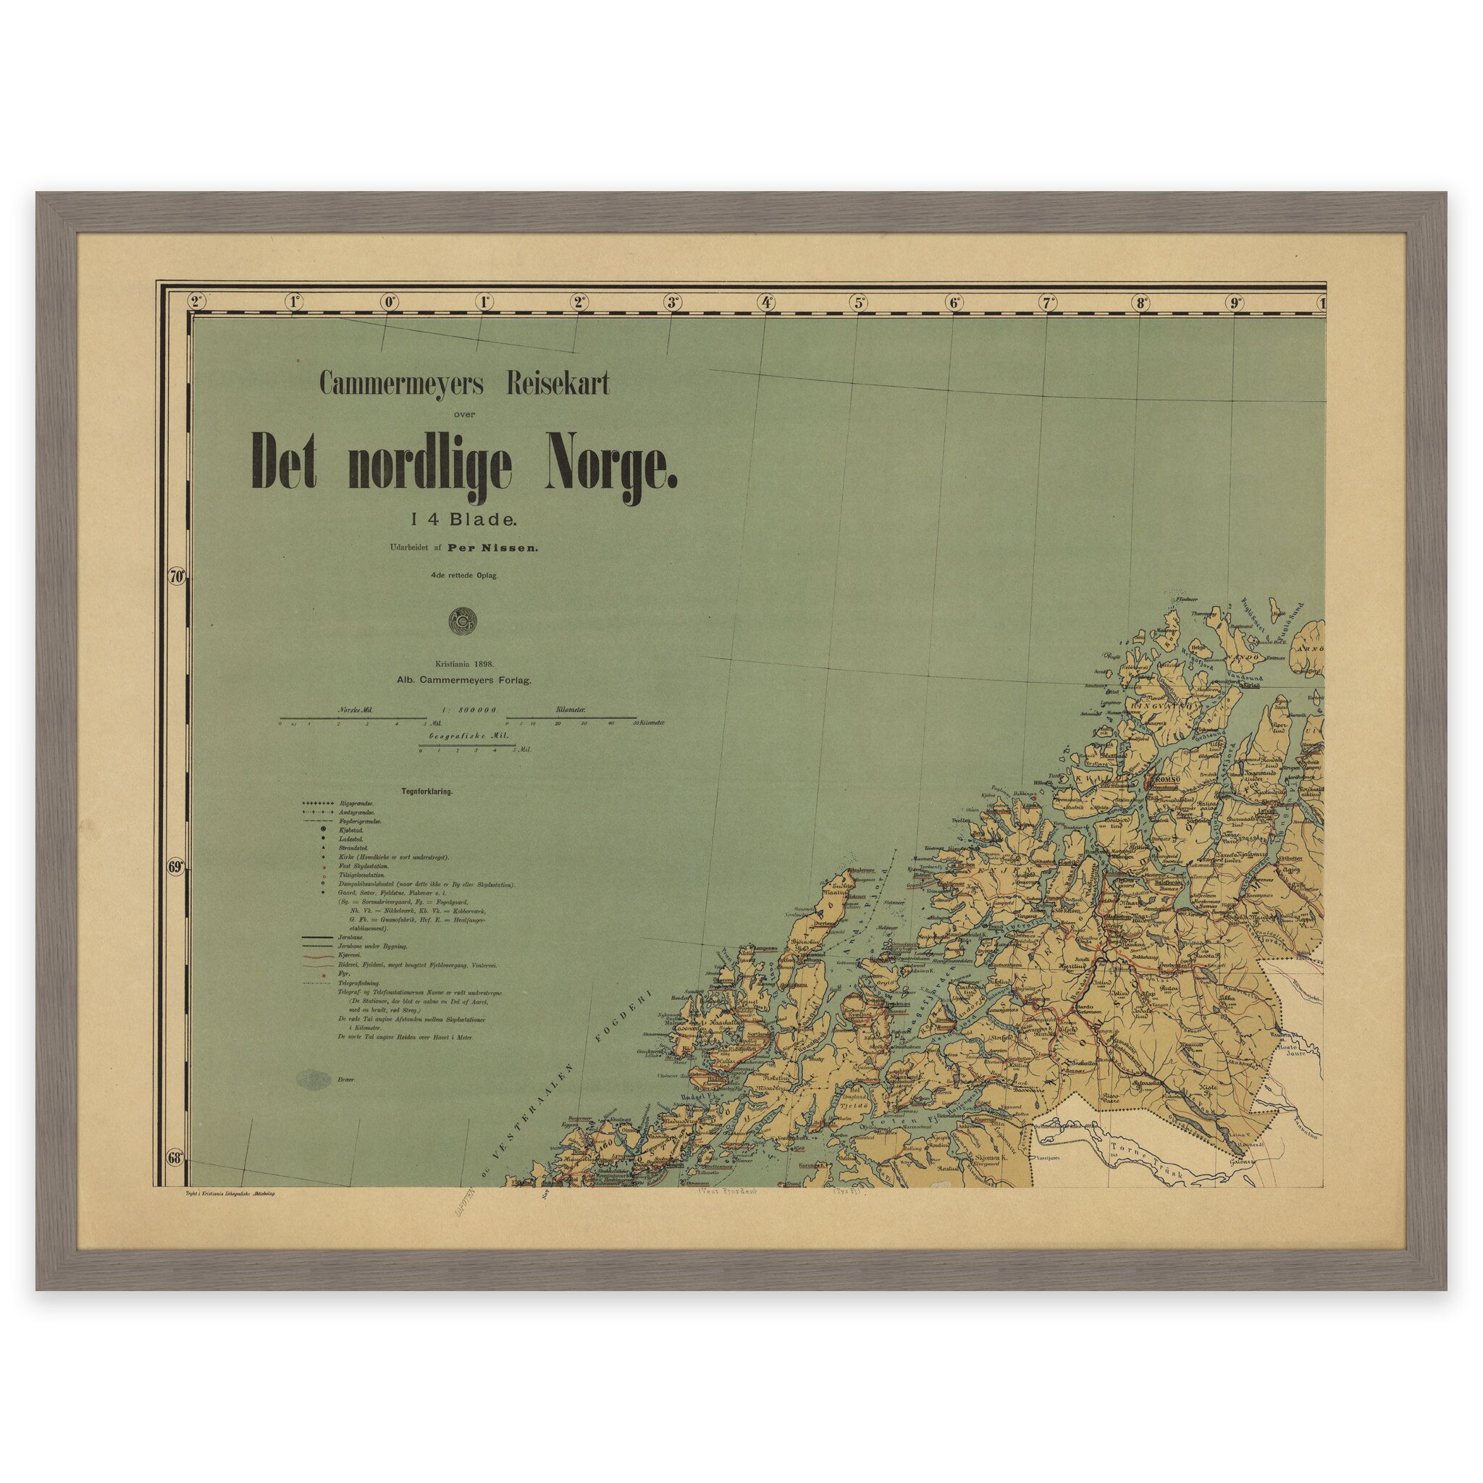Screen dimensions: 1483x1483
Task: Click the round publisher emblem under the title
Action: [x=463, y=621]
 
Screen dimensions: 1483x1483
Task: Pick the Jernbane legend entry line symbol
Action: [x=317, y=938]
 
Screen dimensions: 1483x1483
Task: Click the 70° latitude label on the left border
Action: [x=177, y=576]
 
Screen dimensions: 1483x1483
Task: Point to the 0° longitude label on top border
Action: [x=389, y=303]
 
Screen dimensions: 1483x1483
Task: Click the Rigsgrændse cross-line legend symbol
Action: [x=317, y=802]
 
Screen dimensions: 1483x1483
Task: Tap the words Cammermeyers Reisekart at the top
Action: [x=464, y=385]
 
